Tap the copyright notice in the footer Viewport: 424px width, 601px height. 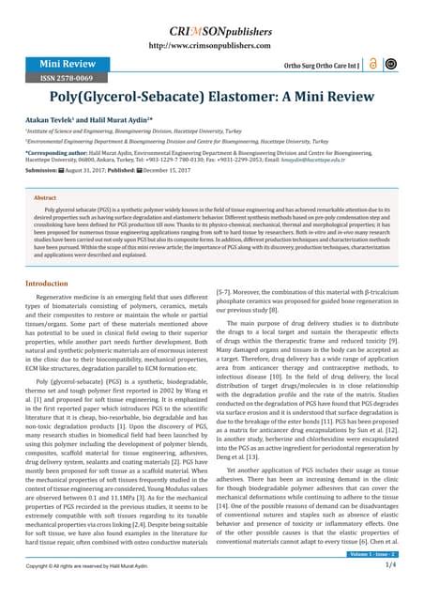coord(75,592)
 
